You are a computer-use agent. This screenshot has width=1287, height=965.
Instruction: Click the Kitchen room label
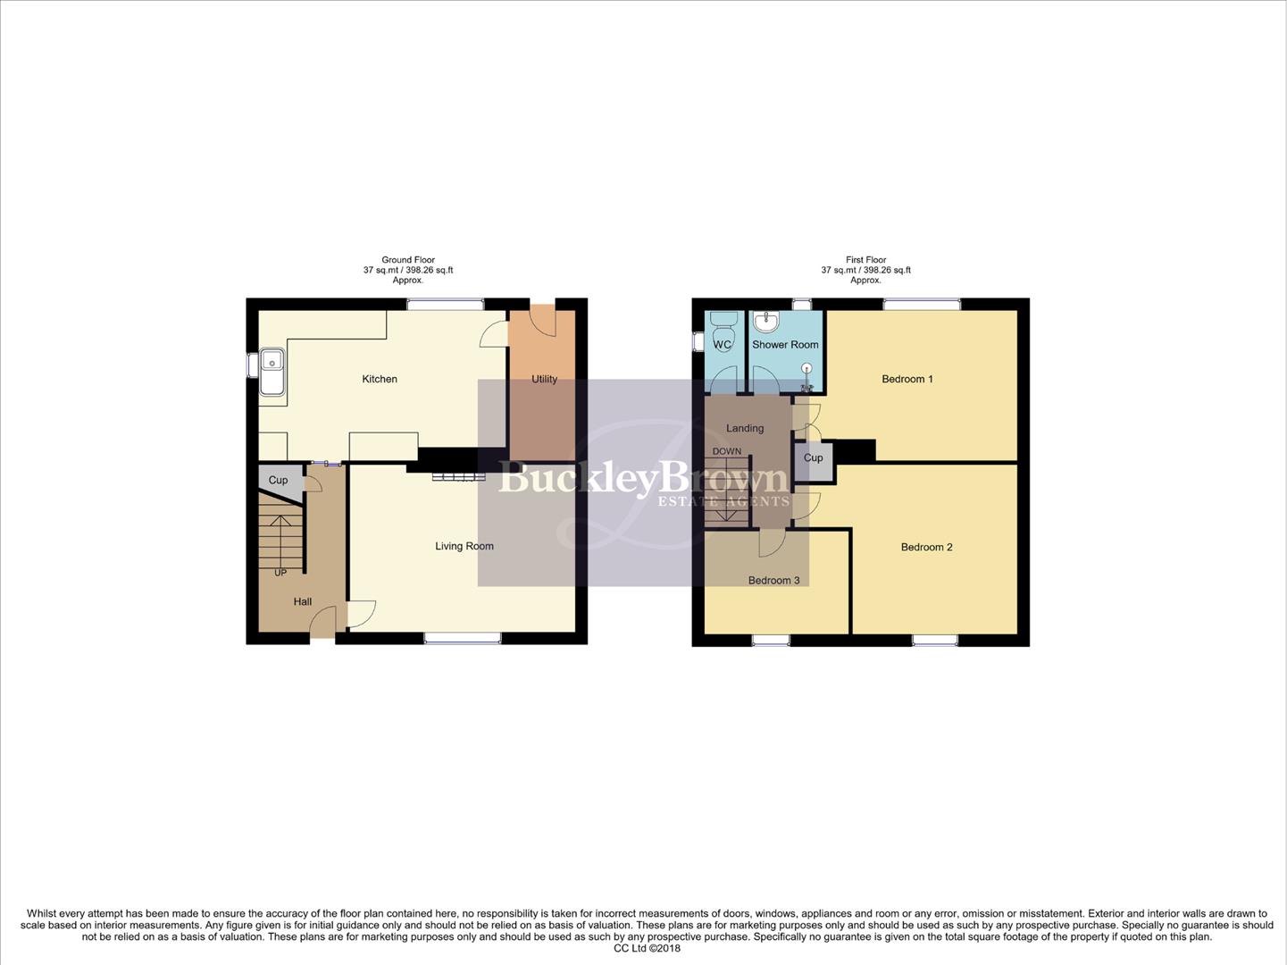(x=380, y=379)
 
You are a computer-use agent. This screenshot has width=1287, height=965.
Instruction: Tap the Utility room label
(x=544, y=379)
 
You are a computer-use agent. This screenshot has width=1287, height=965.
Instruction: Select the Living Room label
(x=464, y=546)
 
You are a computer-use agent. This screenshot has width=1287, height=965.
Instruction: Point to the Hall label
(x=303, y=601)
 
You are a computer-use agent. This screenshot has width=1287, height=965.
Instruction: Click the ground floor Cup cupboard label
(x=279, y=480)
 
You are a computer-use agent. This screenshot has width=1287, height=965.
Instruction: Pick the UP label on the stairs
(x=280, y=573)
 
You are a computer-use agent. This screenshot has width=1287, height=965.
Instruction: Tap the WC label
(x=723, y=344)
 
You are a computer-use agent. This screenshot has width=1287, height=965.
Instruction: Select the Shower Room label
(x=785, y=344)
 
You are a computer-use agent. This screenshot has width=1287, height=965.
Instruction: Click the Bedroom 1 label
(x=907, y=379)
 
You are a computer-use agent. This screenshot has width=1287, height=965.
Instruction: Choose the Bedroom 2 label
(x=926, y=547)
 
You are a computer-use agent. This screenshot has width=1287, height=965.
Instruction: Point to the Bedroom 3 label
(x=773, y=580)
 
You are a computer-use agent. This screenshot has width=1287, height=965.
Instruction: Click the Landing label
(x=745, y=428)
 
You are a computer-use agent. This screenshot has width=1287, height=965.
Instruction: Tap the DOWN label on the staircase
(x=727, y=451)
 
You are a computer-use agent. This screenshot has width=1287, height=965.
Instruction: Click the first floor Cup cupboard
(x=813, y=458)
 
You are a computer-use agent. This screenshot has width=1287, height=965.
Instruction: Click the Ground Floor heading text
(x=408, y=260)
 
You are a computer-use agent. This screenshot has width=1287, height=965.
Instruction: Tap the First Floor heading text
(x=866, y=260)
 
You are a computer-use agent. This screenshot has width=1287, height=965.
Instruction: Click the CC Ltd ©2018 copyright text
(x=647, y=948)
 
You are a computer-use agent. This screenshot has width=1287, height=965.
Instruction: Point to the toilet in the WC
(x=724, y=323)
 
